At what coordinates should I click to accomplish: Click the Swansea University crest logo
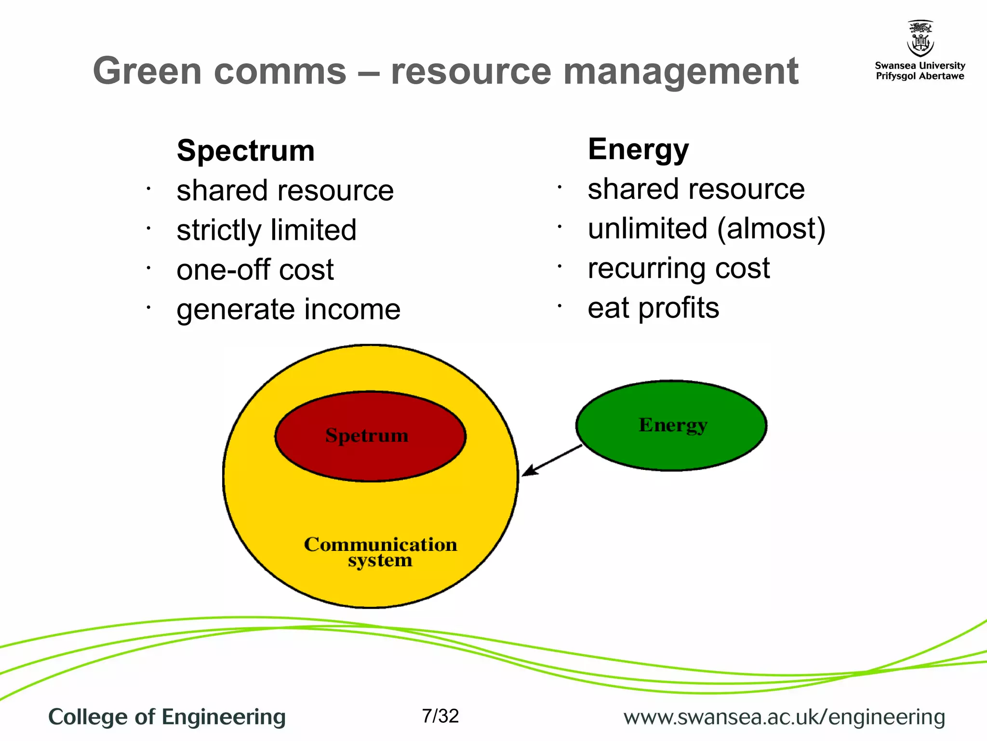(920, 39)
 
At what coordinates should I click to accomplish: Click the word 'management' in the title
(680, 71)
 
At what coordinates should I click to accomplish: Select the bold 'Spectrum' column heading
(246, 151)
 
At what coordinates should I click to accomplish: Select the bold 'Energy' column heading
(638, 149)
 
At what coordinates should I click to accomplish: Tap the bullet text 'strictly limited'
(267, 230)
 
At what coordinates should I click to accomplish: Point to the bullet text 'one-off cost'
(255, 269)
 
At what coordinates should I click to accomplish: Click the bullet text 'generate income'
(288, 309)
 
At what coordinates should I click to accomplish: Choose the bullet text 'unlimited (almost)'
(707, 228)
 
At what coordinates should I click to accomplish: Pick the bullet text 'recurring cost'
(679, 268)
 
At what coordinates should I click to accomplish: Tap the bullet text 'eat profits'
(653, 307)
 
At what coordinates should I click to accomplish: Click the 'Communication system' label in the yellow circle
(380, 552)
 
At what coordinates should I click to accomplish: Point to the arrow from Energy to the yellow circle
(552, 460)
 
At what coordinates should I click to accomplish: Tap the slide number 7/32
(440, 716)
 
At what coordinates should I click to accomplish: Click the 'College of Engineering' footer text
(167, 717)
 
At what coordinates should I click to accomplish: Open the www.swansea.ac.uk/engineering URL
(784, 717)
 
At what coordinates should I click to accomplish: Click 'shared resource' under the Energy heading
(696, 189)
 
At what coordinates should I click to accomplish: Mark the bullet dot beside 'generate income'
(149, 307)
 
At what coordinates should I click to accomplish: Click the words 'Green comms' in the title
(219, 71)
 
